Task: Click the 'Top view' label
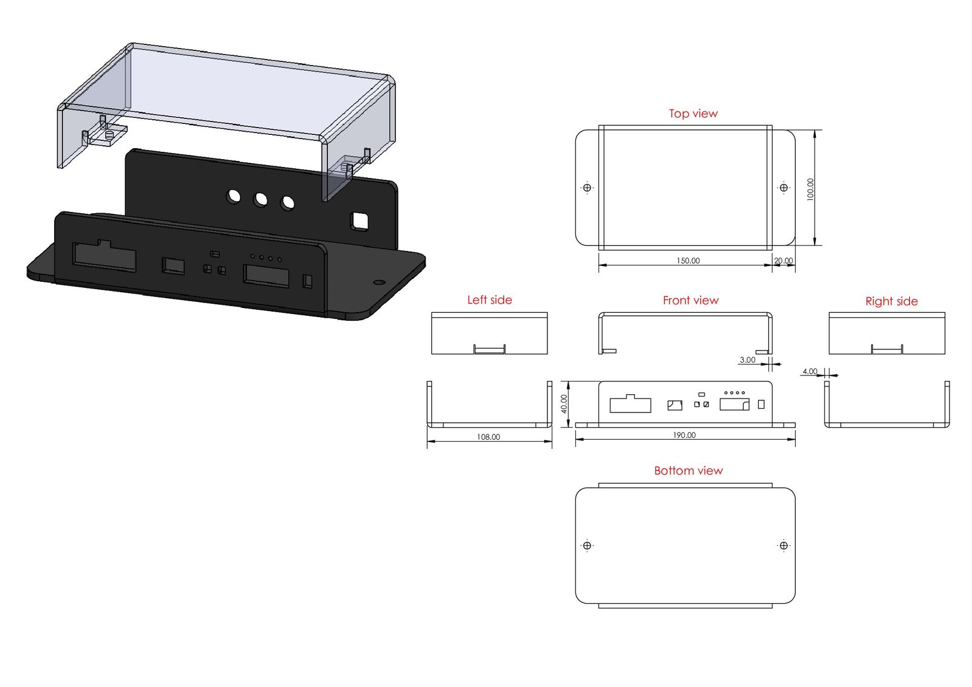(693, 114)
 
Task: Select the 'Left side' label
(490, 300)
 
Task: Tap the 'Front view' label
(690, 300)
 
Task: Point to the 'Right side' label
(891, 301)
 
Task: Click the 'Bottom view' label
(688, 471)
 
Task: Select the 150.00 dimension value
(688, 261)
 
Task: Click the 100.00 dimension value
(810, 190)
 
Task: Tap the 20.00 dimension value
(784, 261)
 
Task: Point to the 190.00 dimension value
(684, 435)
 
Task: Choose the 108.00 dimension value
(488, 437)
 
